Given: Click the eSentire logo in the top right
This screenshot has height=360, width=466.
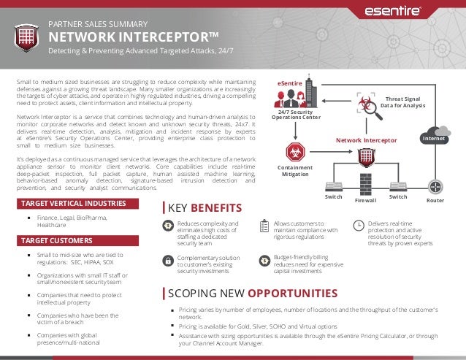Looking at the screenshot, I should (412, 12).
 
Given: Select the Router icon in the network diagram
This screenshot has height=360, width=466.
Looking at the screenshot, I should (437, 185).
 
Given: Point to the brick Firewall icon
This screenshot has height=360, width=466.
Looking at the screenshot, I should (366, 183).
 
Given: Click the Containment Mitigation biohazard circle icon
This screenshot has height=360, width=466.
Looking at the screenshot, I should (297, 152).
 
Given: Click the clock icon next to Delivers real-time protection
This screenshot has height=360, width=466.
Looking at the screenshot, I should (358, 225).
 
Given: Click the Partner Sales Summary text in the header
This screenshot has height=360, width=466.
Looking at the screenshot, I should (98, 23).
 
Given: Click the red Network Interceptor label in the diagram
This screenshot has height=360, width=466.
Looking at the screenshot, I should (366, 139).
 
